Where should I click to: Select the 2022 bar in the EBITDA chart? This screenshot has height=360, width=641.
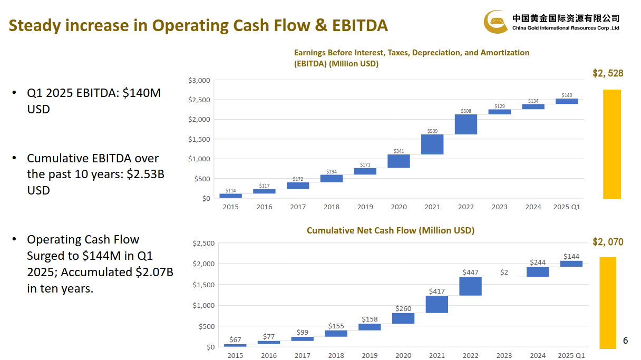tap(466, 124)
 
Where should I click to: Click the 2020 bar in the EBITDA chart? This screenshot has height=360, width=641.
tap(399, 161)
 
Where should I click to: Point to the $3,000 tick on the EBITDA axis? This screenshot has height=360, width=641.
tap(199, 80)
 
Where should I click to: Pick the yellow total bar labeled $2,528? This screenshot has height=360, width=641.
tap(612, 144)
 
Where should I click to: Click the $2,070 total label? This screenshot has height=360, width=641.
tap(608, 242)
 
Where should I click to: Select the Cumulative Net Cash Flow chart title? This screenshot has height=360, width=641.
tap(390, 230)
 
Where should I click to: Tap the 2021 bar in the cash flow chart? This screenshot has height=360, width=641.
tap(437, 304)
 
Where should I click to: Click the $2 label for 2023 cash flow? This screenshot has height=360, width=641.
tap(504, 272)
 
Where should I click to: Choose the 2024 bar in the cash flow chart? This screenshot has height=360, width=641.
tap(538, 271)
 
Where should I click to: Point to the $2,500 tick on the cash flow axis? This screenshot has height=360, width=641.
tap(203, 243)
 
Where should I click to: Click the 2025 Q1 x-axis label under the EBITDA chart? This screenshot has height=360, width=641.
tap(567, 207)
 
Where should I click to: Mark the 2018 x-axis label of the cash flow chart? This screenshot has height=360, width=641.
tap(336, 356)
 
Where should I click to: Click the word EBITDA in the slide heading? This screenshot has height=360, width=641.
tap(360, 25)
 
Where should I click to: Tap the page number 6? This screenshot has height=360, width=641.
tap(626, 340)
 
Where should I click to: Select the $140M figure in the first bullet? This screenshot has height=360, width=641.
tap(141, 93)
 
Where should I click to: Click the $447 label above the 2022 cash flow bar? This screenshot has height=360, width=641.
tap(471, 272)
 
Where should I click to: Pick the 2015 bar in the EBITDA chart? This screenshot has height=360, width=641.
tap(230, 196)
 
